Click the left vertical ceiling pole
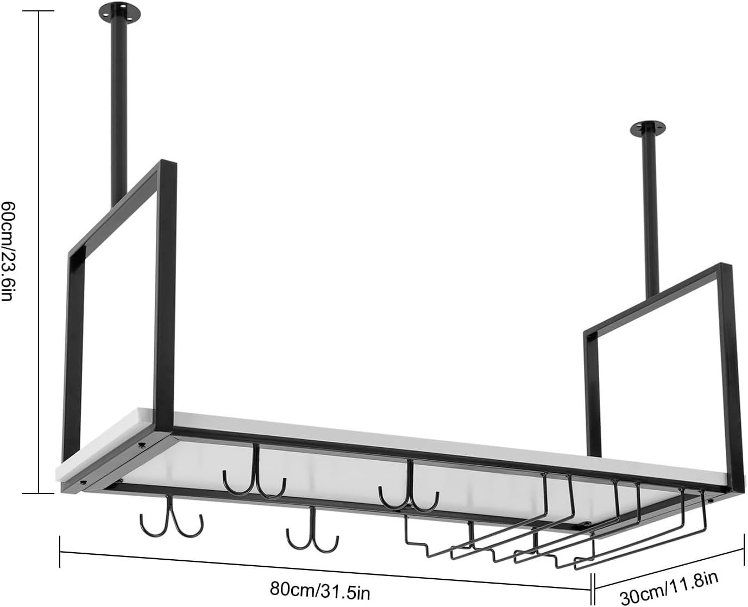pos(118,109)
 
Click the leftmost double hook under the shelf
pos(171,519)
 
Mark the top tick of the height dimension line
pos(39,11)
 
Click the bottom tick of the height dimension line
pos(39,493)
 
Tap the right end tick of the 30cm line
pos(743,550)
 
